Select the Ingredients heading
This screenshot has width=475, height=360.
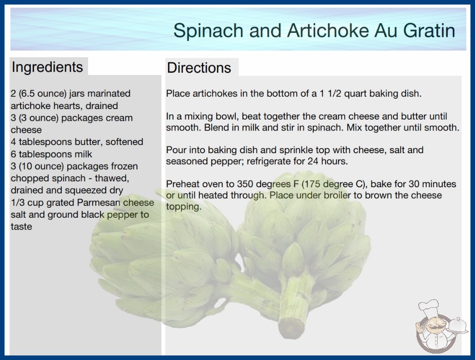tap(47, 67)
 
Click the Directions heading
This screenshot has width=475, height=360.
tap(199, 68)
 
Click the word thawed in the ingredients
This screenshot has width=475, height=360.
tap(112, 178)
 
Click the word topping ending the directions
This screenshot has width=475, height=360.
tap(183, 207)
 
